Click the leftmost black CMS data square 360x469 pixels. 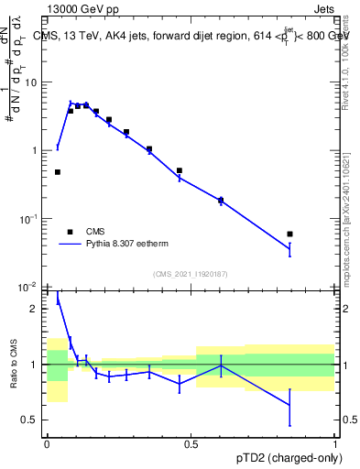[x=57, y=172]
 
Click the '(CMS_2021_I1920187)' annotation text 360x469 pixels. [x=191, y=273]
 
